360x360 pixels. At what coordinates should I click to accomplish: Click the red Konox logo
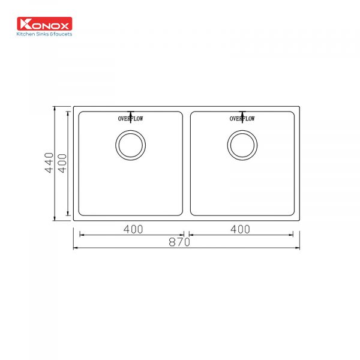tap(44, 23)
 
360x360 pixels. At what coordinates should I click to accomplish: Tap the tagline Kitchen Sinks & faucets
tap(44, 34)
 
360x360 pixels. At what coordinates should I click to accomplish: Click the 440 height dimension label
tap(49, 163)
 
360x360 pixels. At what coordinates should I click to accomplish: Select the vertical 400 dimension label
tap(62, 163)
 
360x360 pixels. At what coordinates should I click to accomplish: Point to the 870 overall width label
tap(179, 242)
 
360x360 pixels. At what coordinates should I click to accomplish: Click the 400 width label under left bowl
tap(133, 229)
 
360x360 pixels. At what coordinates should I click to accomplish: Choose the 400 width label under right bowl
tap(240, 229)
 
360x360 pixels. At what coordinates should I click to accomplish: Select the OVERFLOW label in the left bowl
tap(130, 119)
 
